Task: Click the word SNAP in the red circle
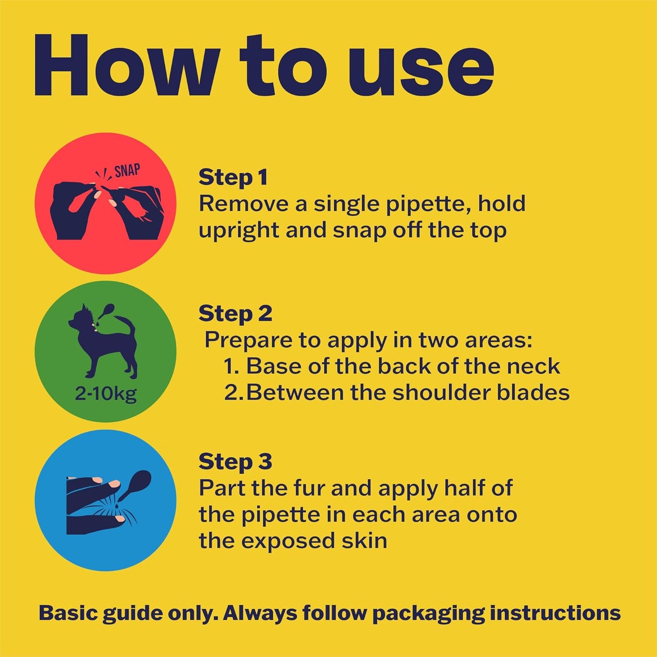coord(127,171)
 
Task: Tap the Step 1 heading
coord(233,178)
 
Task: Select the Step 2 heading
coord(236,314)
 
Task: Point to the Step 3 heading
coord(236,461)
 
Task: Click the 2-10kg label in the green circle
coord(105,395)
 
